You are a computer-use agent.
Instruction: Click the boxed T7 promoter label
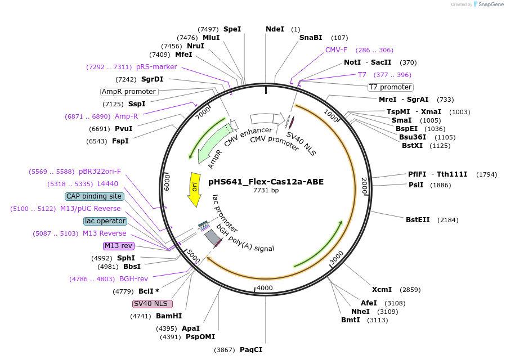point(390,87)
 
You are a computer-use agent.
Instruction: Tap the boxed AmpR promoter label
point(129,92)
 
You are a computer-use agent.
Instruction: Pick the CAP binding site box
point(94,196)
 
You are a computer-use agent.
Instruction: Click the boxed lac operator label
point(105,221)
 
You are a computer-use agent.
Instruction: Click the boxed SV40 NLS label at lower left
point(153,304)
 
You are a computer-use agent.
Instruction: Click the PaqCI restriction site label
point(251,349)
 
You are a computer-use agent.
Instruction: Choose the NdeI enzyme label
point(275,29)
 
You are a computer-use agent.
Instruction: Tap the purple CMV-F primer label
point(336,50)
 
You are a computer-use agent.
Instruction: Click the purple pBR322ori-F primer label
point(100,172)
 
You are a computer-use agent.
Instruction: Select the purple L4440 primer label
point(108,183)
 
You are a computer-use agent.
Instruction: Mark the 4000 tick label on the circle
point(265,288)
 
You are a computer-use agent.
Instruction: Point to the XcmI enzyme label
point(382,290)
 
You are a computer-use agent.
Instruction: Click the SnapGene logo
point(487,4)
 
